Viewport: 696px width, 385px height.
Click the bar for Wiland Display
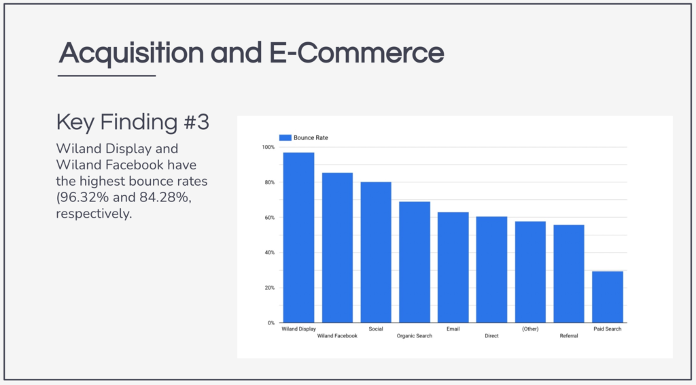299,237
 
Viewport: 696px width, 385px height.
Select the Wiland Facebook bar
337,248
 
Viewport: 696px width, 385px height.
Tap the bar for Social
376,252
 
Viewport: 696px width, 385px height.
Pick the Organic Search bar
415,262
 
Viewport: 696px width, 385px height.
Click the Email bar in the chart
453,267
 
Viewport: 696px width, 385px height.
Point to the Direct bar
492,269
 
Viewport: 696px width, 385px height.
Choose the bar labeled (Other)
530,272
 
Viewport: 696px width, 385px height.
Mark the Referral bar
569,274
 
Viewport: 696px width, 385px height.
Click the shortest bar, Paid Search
608,297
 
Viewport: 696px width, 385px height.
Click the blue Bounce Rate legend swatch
285,137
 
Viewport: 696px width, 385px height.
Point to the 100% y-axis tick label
268,147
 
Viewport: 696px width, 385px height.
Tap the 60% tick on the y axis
269,218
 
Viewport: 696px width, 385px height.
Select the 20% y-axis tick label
269,288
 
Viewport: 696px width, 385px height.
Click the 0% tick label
271,323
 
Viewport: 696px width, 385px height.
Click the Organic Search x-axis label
415,336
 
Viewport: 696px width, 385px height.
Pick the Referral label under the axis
569,336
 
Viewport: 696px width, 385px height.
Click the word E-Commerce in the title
356,53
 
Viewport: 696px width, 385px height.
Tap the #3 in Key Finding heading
196,122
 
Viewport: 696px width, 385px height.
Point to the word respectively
94,214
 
